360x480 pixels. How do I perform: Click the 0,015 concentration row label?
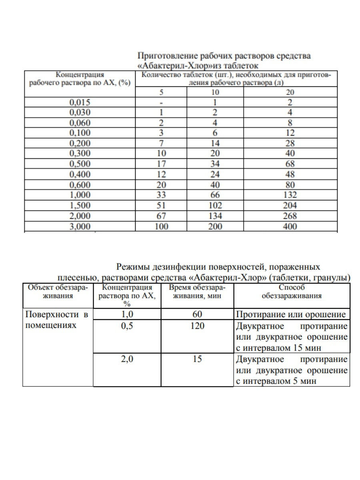pos(80,102)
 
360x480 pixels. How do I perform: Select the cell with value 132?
pos(291,195)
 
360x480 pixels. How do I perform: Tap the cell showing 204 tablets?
pos(291,206)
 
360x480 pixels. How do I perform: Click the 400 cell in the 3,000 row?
pos(291,226)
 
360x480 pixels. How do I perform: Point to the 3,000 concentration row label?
pos(80,226)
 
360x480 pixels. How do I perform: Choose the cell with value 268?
pos(291,216)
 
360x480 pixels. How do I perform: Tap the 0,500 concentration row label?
pos(80,164)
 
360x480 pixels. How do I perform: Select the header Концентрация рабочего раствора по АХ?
pos(80,79)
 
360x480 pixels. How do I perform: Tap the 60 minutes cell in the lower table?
pos(197,314)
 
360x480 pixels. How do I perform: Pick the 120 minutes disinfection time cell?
pos(197,326)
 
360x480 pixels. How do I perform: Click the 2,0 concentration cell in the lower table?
pos(127,359)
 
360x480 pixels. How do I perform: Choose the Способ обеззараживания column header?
pos(292,292)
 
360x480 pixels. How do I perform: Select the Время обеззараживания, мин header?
pos(197,292)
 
